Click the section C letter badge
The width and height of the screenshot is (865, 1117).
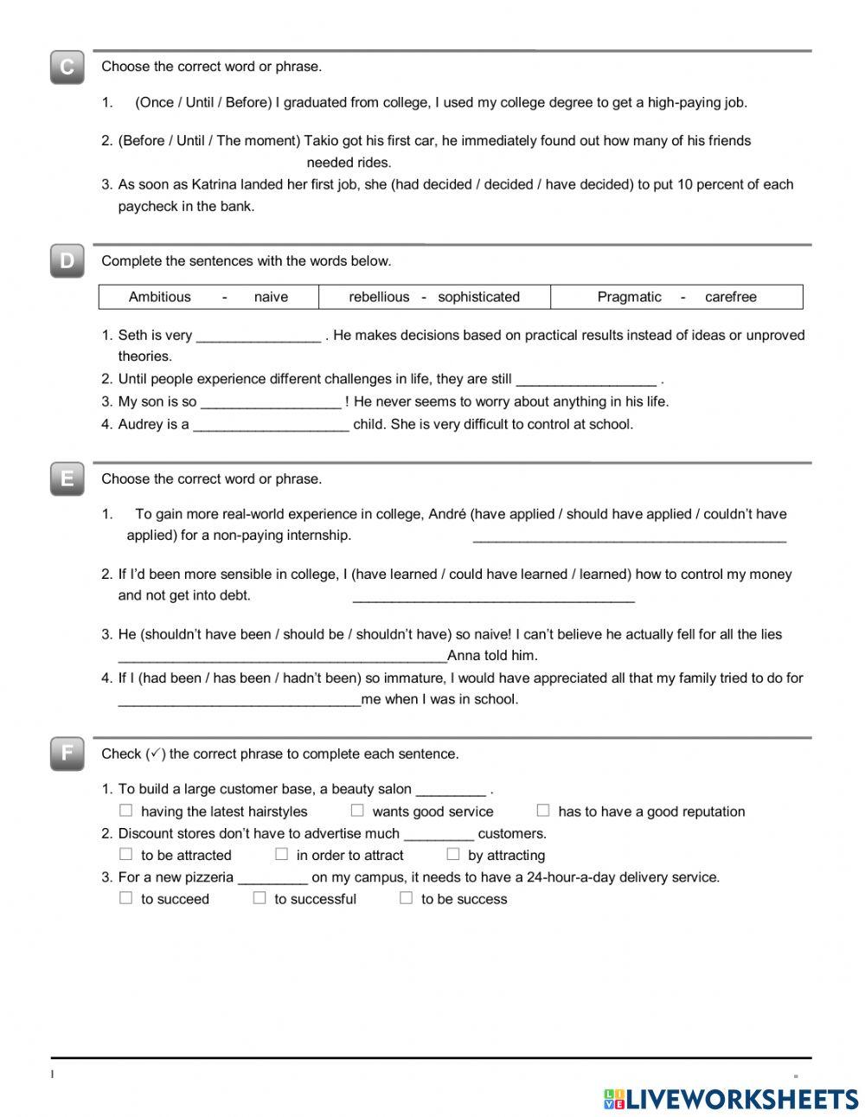(x=67, y=67)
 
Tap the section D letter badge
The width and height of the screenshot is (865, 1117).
(x=67, y=261)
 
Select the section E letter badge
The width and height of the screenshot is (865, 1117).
(x=67, y=479)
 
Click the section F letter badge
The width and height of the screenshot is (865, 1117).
(x=67, y=754)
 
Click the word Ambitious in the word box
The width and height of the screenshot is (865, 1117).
(x=159, y=297)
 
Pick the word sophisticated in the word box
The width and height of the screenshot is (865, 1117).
(x=478, y=297)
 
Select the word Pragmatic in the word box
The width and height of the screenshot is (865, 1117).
(x=629, y=297)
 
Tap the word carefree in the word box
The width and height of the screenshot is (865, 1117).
(x=730, y=297)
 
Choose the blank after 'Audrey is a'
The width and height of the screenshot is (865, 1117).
(x=271, y=426)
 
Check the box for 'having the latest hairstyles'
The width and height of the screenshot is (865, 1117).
(x=126, y=811)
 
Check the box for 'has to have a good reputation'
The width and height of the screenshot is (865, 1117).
(x=543, y=811)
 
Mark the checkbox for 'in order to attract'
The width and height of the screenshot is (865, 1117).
(x=281, y=855)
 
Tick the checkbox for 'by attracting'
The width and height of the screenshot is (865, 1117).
(x=452, y=855)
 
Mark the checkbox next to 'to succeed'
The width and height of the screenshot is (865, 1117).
(x=126, y=898)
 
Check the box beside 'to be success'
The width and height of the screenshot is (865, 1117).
(x=406, y=898)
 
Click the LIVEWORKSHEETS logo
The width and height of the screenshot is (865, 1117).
(x=731, y=1099)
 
